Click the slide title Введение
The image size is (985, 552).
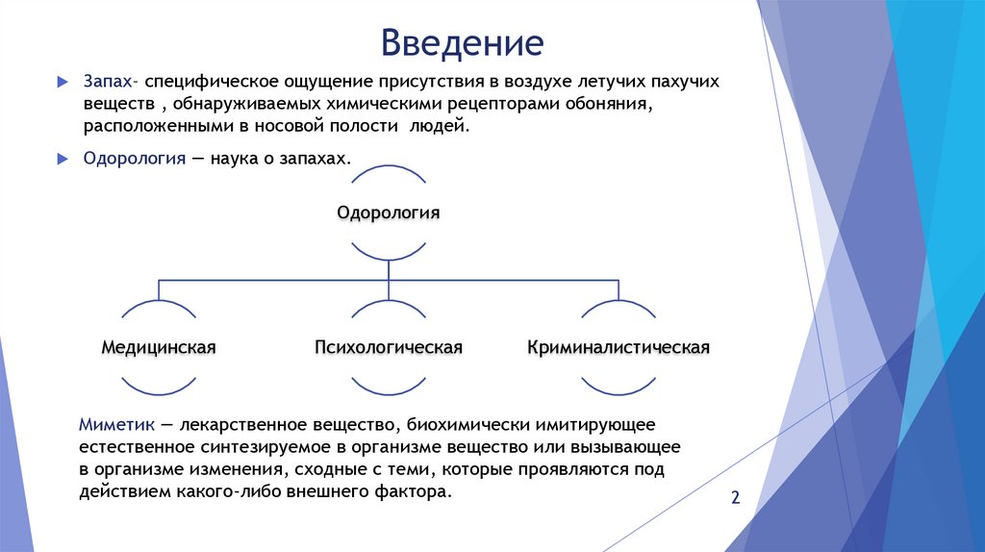[462, 42]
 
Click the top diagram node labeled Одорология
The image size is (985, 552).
[388, 212]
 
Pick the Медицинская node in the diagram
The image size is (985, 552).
[159, 346]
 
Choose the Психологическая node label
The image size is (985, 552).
[389, 346]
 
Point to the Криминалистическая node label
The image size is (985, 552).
[619, 346]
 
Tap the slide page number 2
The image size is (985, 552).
[736, 497]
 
